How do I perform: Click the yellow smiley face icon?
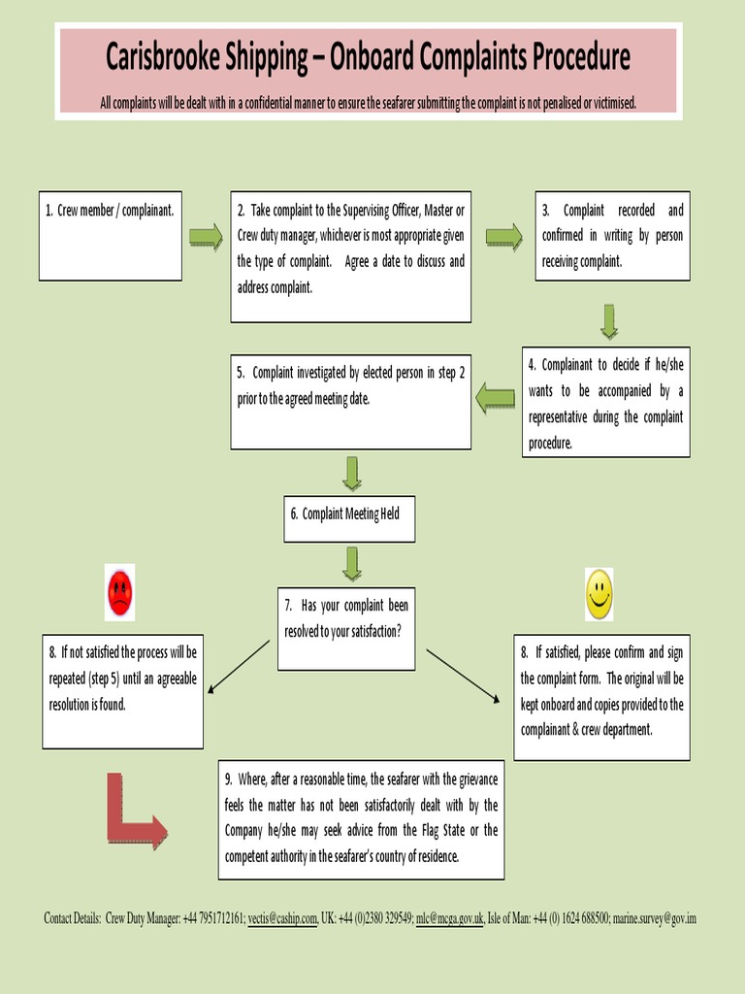tap(599, 594)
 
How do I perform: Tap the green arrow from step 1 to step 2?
tap(205, 237)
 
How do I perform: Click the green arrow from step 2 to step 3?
tap(503, 236)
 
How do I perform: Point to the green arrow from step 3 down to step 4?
tap(608, 321)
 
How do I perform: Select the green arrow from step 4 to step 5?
tap(496, 397)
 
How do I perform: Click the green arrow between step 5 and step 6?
tap(351, 473)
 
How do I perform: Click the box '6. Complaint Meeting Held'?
tap(350, 514)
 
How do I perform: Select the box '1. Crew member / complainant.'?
tap(111, 236)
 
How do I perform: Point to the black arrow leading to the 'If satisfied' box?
tap(463, 675)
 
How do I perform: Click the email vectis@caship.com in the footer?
tap(282, 918)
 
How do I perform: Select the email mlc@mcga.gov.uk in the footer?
tap(449, 918)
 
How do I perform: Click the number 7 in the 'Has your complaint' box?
tap(288, 605)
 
